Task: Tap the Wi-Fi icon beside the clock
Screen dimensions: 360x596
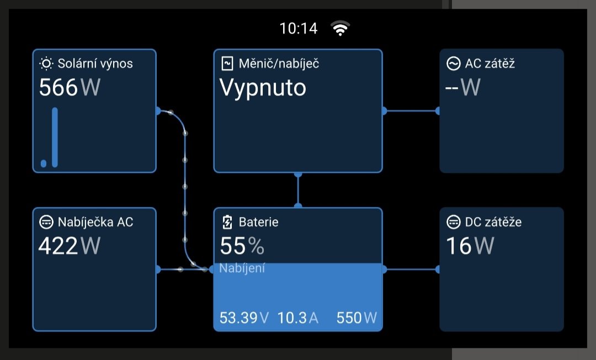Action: pyautogui.click(x=340, y=28)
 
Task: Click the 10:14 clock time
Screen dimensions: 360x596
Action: pyautogui.click(x=299, y=29)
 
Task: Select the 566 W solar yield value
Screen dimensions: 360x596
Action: pyautogui.click(x=69, y=88)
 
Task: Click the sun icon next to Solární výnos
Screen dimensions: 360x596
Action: pyautogui.click(x=46, y=63)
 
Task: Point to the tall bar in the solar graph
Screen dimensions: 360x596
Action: pyautogui.click(x=55, y=137)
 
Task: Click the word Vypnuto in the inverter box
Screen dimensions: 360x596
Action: pyautogui.click(x=263, y=88)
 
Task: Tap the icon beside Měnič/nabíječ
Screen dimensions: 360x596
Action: pyautogui.click(x=227, y=63)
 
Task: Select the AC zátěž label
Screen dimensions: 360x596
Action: pyautogui.click(x=490, y=63)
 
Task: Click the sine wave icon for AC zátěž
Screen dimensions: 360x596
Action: pyautogui.click(x=453, y=63)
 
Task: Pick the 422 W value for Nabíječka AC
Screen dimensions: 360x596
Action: pyautogui.click(x=69, y=246)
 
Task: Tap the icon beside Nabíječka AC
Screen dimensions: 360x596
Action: pyautogui.click(x=46, y=223)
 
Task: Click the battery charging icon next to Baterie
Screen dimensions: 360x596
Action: pyautogui.click(x=227, y=223)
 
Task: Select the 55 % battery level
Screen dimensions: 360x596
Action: pyautogui.click(x=242, y=246)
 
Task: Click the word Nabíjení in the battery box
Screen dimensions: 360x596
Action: pyautogui.click(x=242, y=268)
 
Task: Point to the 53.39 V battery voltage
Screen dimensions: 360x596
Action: pyautogui.click(x=244, y=317)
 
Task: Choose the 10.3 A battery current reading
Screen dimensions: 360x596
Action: pyautogui.click(x=297, y=317)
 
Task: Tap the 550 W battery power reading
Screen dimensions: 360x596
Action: pyautogui.click(x=356, y=317)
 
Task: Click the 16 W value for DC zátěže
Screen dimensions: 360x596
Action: pyautogui.click(x=470, y=246)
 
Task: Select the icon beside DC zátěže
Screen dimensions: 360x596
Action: pyautogui.click(x=453, y=223)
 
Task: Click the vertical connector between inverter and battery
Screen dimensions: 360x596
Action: pyautogui.click(x=298, y=190)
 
